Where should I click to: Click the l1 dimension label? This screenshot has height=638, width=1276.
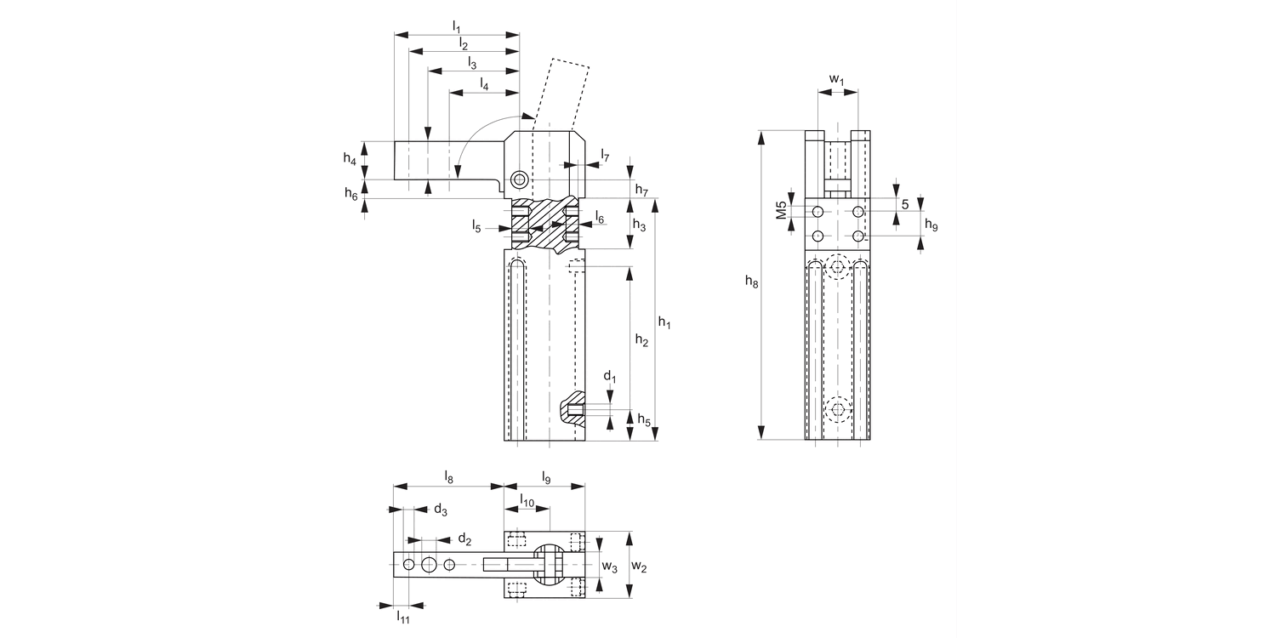point(457,26)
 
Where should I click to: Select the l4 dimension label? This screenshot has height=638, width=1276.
point(484,83)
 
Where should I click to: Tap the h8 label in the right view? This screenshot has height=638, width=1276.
point(751,282)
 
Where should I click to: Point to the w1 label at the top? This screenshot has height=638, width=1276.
point(837,80)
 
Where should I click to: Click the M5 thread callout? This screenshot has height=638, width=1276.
point(780,210)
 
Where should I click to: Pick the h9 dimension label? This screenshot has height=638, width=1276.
point(931,225)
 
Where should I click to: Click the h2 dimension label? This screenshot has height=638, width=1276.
point(642,341)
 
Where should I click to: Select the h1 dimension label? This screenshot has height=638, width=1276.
point(665,322)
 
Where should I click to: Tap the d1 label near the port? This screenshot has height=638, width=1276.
point(609,376)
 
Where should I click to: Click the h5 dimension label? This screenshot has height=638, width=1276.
point(644,419)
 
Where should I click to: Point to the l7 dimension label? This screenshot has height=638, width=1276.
point(605,155)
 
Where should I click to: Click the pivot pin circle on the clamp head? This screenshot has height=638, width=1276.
point(519,179)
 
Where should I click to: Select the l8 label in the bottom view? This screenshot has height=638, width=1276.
point(448,478)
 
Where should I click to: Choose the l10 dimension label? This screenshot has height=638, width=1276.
point(527,503)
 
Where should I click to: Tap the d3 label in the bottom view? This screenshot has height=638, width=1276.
point(441,510)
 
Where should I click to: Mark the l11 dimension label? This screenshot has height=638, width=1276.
point(403,617)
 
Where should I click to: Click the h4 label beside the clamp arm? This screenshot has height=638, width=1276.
point(350,157)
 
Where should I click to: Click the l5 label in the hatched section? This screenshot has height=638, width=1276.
point(477,225)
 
